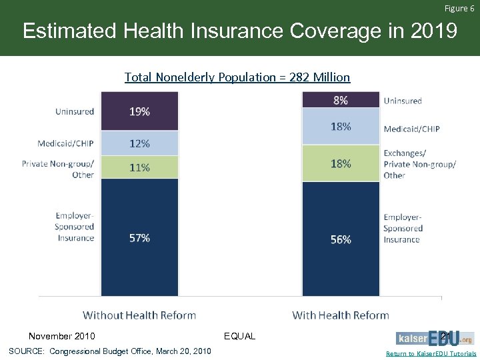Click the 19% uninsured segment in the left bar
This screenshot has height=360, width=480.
139,111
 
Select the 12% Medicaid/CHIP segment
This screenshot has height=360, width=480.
139,143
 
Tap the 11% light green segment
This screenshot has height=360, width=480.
139,167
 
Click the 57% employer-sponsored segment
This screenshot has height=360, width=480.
139,237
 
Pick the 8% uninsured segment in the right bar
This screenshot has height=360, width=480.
341,100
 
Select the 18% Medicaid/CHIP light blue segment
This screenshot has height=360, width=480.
341,126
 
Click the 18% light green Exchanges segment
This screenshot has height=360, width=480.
341,163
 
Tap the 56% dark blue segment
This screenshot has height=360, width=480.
341,239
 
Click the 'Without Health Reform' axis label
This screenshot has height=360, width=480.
139,315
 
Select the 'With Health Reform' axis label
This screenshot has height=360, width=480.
341,315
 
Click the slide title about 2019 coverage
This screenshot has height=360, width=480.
240,31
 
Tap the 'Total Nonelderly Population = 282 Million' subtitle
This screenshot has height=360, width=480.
237,77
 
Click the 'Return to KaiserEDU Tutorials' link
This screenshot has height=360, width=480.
431,354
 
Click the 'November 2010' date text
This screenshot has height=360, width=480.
62,336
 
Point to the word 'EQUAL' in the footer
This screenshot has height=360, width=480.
240,336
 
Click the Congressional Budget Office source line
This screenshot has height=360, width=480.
110,351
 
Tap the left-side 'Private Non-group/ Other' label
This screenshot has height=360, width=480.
58,169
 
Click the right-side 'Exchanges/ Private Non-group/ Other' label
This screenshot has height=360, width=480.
419,164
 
